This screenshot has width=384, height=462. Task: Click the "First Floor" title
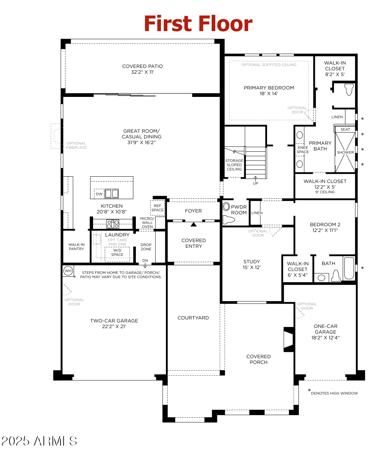(x=198, y=24)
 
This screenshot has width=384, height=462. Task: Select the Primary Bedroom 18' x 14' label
(x=269, y=90)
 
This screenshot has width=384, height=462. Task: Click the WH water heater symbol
(x=68, y=271)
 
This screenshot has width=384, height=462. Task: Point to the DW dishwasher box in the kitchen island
(x=99, y=194)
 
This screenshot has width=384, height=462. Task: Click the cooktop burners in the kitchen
(x=113, y=224)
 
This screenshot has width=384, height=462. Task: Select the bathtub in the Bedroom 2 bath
(x=349, y=268)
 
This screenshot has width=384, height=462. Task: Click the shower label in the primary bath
(x=345, y=152)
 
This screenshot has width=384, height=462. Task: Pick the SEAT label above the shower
(x=345, y=129)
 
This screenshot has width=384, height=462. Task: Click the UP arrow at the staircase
(x=256, y=181)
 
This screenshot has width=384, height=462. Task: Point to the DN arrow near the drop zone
(x=145, y=263)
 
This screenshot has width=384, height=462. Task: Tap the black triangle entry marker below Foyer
(x=193, y=225)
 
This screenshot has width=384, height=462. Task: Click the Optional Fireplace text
(x=76, y=146)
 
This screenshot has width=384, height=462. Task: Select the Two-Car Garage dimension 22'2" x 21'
(x=114, y=326)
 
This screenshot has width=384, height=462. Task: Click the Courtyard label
(x=193, y=318)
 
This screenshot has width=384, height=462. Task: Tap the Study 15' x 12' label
(x=252, y=264)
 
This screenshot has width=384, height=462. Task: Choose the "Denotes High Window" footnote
(x=334, y=393)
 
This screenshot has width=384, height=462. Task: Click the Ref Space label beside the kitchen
(x=157, y=208)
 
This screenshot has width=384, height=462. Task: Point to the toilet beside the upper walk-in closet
(x=349, y=89)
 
